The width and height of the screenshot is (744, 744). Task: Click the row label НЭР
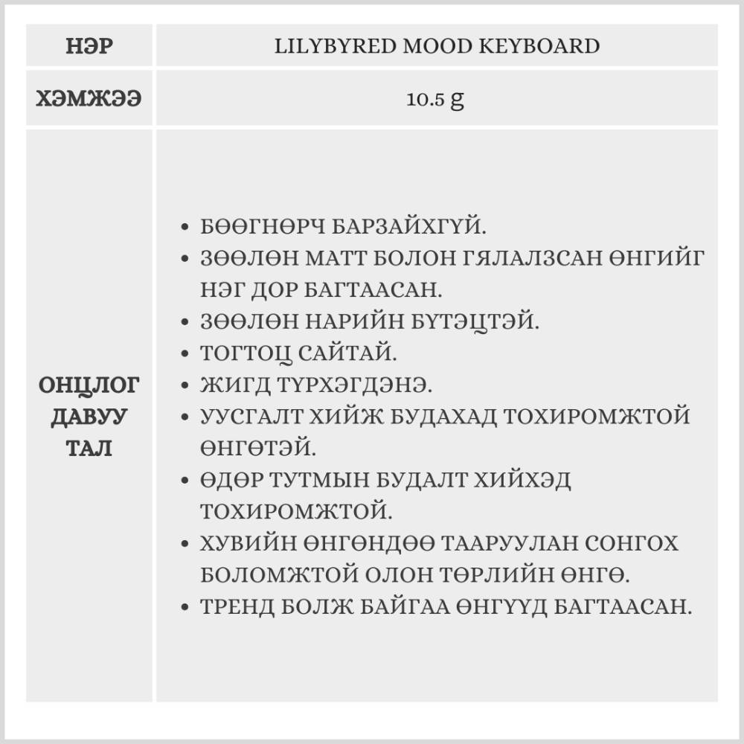pyautogui.click(x=89, y=46)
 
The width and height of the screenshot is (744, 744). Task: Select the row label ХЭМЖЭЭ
pyautogui.click(x=89, y=98)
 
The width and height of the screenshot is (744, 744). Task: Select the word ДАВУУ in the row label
pyautogui.click(x=89, y=417)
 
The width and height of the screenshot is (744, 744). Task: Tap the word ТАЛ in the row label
pyautogui.click(x=89, y=449)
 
